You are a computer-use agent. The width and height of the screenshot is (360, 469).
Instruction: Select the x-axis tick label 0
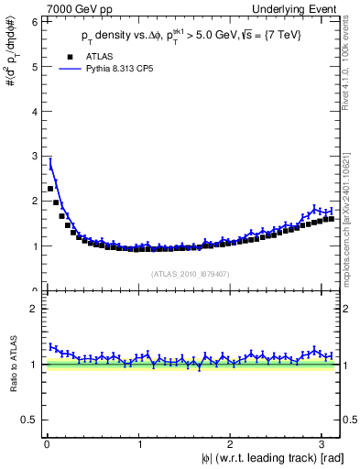coord(47,444)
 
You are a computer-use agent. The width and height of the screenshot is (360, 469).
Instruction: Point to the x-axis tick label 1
coord(139,444)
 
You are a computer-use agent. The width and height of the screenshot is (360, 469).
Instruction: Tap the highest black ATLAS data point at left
coord(50,189)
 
